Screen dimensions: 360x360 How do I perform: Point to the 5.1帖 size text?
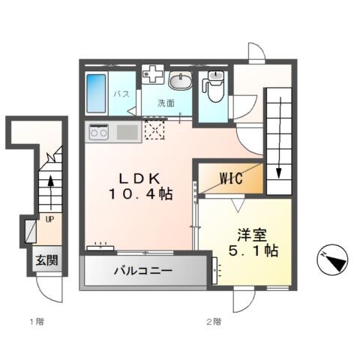point(253,250)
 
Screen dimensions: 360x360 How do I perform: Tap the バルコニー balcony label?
point(143,271)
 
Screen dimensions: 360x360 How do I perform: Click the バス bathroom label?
point(121,94)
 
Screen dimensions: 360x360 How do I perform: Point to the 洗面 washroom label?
point(166,103)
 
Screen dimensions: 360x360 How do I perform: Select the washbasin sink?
point(180,80)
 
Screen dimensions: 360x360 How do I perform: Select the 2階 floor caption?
point(214,322)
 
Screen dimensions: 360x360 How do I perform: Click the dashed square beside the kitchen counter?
point(154,132)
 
